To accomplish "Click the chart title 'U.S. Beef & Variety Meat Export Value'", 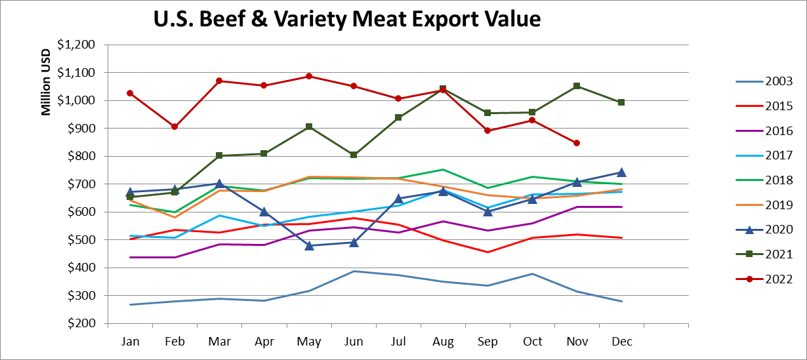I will click(346, 19).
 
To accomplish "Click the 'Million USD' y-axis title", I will click(46, 82).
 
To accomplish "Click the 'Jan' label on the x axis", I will click(130, 342).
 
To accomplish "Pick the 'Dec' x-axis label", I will click(621, 342).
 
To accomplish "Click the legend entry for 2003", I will click(778, 81).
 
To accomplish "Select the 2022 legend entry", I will click(778, 279).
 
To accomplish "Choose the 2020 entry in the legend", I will click(778, 230).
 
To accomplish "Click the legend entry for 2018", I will click(778, 180).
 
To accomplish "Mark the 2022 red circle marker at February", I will click(175, 127).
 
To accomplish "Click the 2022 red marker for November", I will click(577, 143).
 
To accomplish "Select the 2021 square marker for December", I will click(621, 102).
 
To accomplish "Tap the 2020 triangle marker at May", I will click(309, 245).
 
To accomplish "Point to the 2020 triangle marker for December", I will click(621, 172).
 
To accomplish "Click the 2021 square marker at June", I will click(354, 155).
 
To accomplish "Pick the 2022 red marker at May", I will click(309, 76).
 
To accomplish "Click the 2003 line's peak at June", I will click(354, 271).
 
